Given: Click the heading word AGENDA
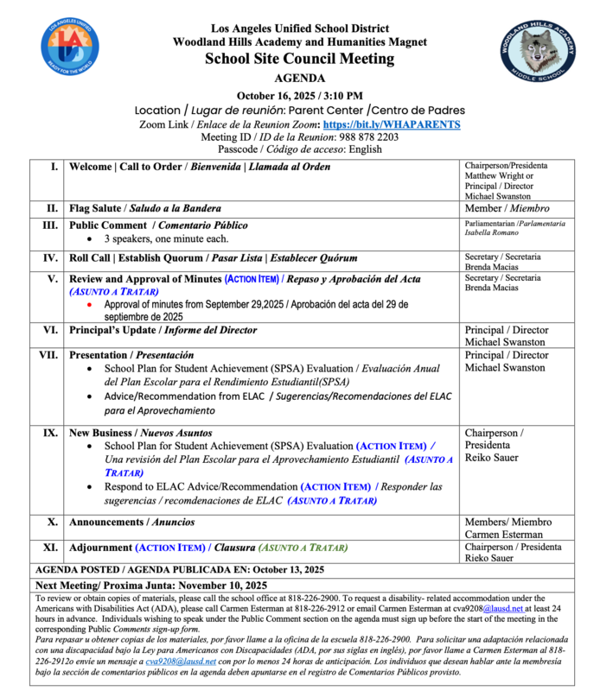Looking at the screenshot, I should (300, 78).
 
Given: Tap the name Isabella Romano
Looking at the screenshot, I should (493, 233).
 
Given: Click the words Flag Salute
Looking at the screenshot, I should (98, 208).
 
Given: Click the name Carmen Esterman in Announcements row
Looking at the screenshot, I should (507, 534).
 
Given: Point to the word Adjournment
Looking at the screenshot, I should (100, 548).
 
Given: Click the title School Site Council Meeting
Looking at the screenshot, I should (299, 60).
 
